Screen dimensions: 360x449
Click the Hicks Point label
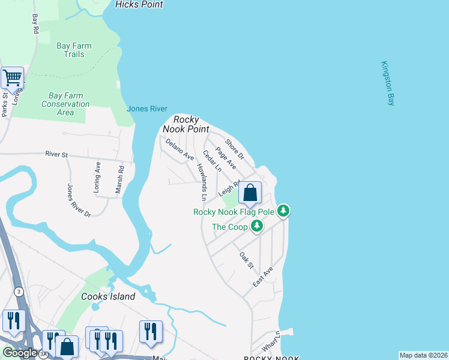pos(139,4)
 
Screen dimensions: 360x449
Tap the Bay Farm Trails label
pos(74,50)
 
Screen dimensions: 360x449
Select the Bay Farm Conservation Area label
pos(65,104)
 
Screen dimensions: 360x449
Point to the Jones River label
pos(146,109)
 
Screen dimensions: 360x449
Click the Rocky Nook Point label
pos(191,124)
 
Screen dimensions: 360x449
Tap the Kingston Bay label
pos(387,84)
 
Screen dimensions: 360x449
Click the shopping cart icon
pos(12,77)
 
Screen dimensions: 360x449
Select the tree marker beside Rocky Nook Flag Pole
pos(283,211)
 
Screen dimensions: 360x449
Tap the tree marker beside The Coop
pos(257,226)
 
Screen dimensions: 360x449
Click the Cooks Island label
pos(108,296)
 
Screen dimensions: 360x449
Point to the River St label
pos(56,154)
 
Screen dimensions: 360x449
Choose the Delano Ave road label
pos(179,149)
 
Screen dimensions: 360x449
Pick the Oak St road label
pos(247,260)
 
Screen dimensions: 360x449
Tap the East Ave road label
pos(263,277)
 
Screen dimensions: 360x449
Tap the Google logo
pos(19,353)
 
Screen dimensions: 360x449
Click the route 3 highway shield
pos(19,292)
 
